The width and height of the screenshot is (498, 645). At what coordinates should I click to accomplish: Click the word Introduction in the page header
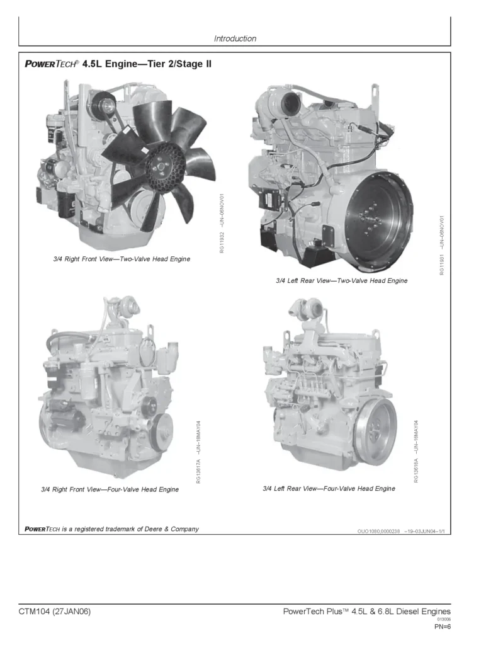(x=235, y=38)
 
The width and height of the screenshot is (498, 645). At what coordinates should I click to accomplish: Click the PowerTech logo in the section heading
(x=52, y=64)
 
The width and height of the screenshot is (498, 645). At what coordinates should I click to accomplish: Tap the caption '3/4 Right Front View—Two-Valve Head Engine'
(x=122, y=259)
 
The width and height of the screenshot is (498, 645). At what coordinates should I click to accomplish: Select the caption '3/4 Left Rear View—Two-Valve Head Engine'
(x=341, y=280)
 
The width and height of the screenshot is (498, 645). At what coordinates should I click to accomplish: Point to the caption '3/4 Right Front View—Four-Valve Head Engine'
(x=110, y=489)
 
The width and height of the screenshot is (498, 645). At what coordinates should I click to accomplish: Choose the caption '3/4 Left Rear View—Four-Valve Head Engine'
(x=329, y=488)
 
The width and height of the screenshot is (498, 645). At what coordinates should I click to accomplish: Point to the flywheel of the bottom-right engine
(x=375, y=423)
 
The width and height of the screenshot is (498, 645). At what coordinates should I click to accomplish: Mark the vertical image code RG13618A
(x=416, y=470)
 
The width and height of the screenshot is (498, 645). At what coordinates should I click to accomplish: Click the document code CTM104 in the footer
(x=34, y=612)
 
